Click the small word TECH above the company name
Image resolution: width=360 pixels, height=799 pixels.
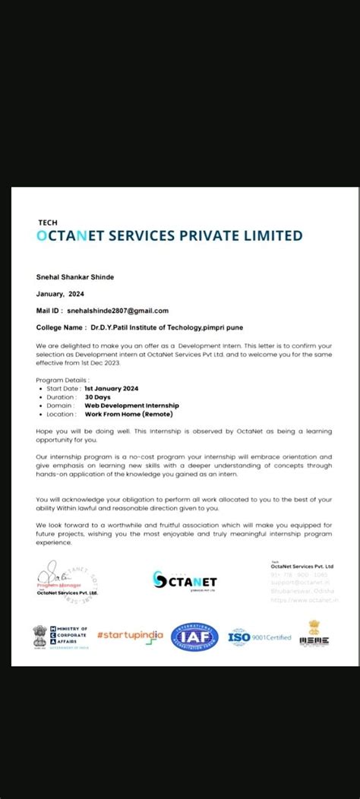(x=47, y=223)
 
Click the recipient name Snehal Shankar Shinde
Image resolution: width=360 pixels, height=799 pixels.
(x=75, y=276)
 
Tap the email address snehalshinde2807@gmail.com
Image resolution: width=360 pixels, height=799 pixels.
(x=118, y=311)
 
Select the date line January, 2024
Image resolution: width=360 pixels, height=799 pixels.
(x=61, y=293)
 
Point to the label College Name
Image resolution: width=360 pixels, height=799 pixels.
(x=61, y=327)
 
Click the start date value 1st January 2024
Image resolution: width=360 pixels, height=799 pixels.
(x=111, y=388)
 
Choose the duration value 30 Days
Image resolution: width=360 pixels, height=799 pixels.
(x=98, y=396)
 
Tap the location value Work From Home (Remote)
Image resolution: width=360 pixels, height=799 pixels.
(x=128, y=414)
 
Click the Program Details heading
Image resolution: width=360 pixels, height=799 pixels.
(x=62, y=379)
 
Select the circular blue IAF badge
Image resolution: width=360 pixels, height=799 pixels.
(x=194, y=636)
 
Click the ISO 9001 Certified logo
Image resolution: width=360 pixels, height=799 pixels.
(x=259, y=636)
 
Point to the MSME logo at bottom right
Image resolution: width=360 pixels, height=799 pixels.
(x=314, y=634)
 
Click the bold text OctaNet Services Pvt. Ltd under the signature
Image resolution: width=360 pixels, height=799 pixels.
(x=67, y=593)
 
